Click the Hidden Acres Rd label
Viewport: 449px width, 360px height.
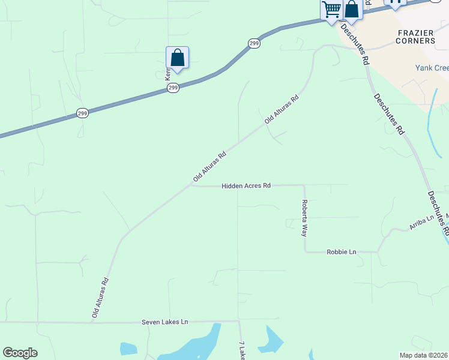click(246, 186)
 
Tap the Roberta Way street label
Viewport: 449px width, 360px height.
click(304, 218)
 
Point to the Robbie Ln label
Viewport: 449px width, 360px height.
click(341, 252)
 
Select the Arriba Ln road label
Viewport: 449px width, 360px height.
click(421, 224)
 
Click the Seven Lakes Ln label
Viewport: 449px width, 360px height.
click(164, 322)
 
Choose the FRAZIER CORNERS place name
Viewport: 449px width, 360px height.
click(415, 37)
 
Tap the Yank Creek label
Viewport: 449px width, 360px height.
click(432, 68)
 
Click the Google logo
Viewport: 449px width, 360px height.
click(20, 353)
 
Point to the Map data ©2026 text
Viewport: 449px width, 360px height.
click(423, 355)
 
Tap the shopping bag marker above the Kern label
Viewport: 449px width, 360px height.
click(177, 58)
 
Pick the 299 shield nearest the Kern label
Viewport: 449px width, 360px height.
click(173, 88)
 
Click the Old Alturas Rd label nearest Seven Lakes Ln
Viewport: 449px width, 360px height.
click(100, 297)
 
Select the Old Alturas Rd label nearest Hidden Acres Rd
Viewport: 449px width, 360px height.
click(209, 166)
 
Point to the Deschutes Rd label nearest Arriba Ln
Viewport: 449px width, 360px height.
click(438, 213)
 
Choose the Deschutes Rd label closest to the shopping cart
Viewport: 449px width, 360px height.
click(355, 44)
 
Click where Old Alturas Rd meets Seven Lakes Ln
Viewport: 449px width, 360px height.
click(92, 322)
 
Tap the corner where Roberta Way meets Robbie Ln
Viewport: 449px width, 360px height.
click(306, 251)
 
